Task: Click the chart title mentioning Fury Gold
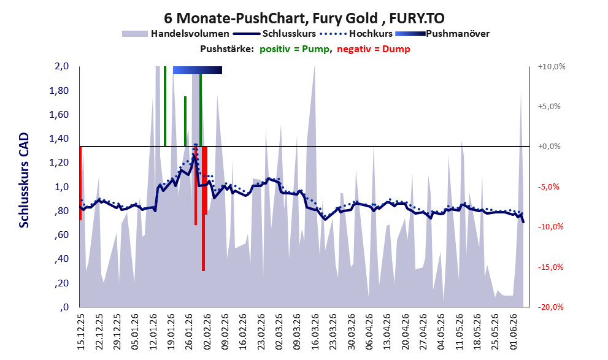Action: pos(304,18)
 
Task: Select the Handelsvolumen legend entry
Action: pos(175,34)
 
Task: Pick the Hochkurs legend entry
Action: pos(356,34)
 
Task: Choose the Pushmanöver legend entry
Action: pos(442,34)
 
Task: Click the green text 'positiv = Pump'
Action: pos(294,49)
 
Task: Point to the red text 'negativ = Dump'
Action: pos(374,49)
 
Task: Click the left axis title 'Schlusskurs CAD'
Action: pos(24,180)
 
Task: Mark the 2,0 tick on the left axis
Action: pos(61,66)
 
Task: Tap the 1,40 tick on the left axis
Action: pos(59,139)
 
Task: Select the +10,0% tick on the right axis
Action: pos(552,67)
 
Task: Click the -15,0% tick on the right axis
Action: pos(550,267)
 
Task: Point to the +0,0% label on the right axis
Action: pos(549,147)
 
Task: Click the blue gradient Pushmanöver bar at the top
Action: pos(198,70)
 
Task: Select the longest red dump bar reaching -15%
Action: pos(203,209)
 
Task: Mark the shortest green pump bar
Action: pos(185,121)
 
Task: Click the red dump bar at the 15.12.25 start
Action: pos(80,183)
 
